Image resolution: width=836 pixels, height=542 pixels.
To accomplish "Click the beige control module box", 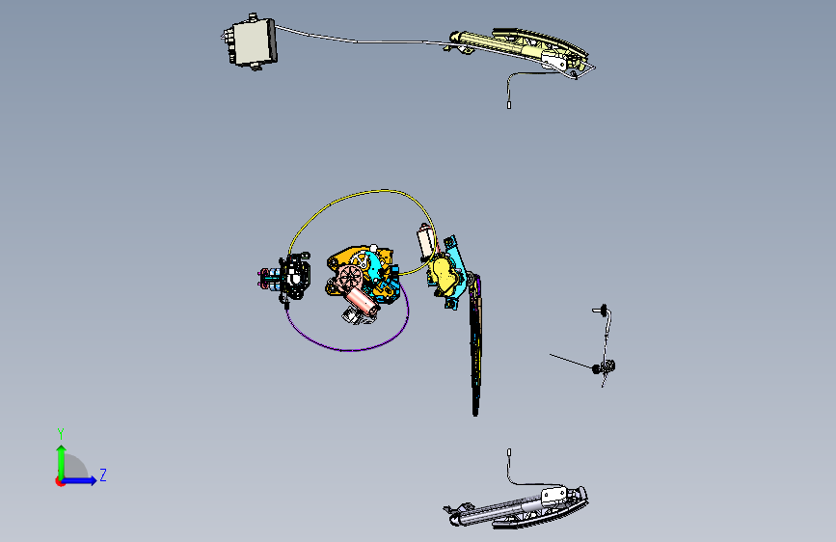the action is click(251, 42).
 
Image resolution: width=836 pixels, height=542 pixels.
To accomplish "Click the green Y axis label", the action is click(61, 434).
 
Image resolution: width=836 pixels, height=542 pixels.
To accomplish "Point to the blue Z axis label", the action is click(103, 474).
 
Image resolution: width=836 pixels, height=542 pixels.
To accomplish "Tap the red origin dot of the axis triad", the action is click(59, 481).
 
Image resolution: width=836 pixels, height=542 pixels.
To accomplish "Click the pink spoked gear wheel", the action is click(350, 278).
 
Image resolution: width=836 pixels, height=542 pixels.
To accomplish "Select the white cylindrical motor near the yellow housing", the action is click(425, 242).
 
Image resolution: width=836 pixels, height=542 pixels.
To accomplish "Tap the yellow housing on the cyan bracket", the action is click(445, 272).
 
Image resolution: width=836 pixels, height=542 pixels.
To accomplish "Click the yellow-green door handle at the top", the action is click(520, 48).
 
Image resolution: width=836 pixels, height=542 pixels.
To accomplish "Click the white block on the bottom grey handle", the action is click(553, 495).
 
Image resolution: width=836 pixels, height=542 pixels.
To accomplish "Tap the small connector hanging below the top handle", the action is click(509, 105).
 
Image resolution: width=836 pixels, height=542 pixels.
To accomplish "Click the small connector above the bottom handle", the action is click(509, 452).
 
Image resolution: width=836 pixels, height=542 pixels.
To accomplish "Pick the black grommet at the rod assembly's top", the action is click(604, 309).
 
